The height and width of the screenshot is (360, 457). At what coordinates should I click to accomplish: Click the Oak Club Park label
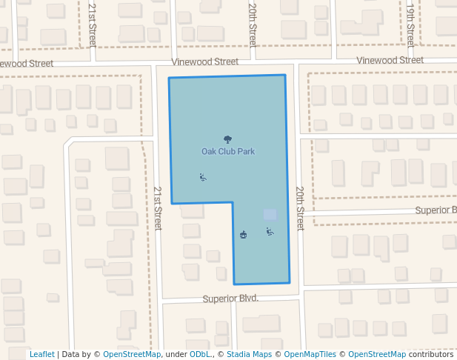point(228,151)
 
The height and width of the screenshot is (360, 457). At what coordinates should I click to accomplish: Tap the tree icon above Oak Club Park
point(227,139)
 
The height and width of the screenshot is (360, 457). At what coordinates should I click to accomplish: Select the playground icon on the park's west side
point(203,177)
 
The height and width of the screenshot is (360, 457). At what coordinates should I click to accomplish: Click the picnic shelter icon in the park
point(243,235)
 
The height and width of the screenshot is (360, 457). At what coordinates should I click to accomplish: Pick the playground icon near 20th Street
point(270,232)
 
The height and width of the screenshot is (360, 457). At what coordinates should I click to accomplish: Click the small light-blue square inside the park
point(270,214)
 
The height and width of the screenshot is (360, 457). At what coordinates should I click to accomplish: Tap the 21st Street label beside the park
point(158,208)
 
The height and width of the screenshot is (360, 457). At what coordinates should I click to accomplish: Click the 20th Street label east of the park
point(300,208)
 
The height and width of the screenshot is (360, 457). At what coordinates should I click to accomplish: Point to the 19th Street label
point(410,24)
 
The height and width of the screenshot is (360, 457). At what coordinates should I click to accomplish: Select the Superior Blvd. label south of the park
point(230,299)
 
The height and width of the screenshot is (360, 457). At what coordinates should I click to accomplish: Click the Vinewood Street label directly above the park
point(205,61)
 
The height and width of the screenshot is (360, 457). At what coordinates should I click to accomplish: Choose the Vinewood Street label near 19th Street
point(390,60)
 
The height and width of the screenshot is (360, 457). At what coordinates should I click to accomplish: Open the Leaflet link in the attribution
point(41,354)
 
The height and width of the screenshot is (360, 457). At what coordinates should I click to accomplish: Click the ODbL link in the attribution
point(201,354)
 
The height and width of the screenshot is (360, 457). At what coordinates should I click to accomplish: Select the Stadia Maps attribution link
point(249,354)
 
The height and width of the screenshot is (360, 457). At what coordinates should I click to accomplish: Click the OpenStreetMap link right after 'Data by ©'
point(132,354)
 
